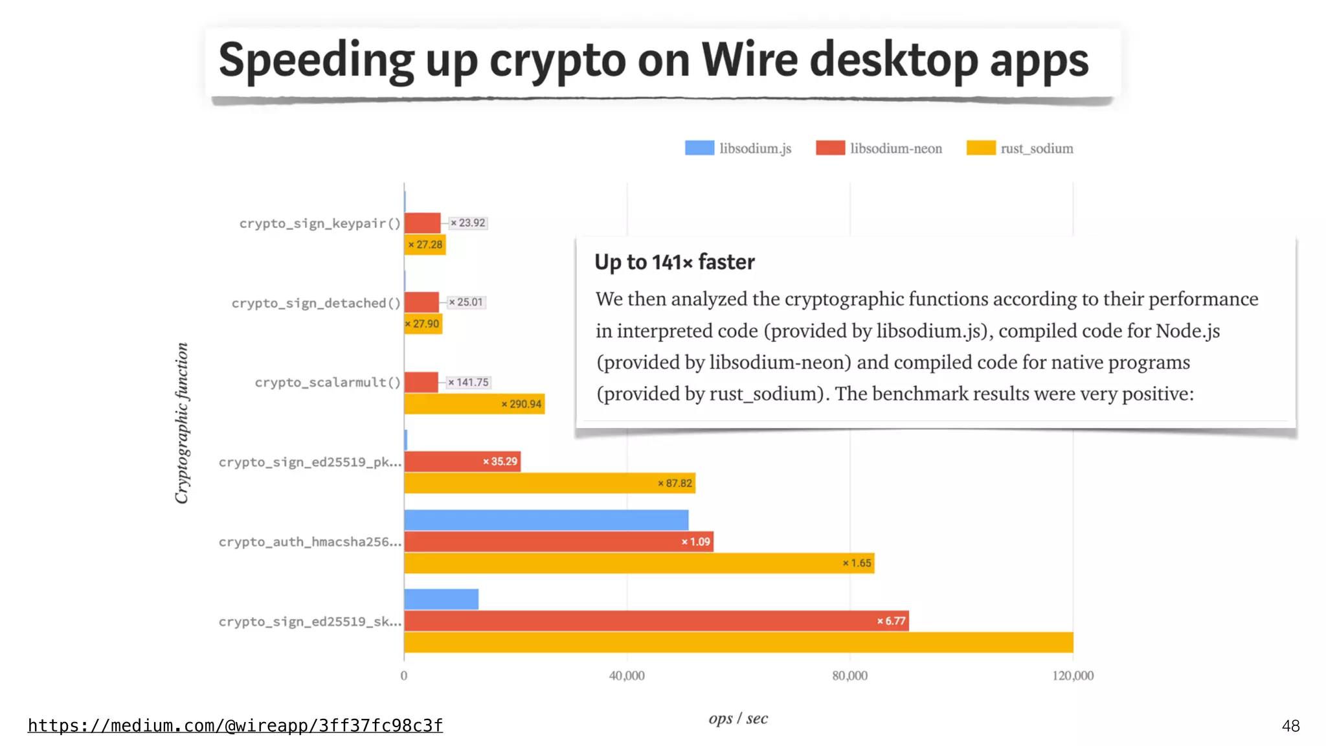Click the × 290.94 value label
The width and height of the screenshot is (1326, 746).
coord(521,404)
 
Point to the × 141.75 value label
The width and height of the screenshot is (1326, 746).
coord(469,383)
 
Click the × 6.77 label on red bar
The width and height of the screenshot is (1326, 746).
coord(892,621)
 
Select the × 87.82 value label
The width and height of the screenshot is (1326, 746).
coord(675,483)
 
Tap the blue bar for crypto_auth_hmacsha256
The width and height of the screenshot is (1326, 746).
coord(546,520)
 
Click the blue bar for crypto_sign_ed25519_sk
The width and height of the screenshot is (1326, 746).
coord(441,599)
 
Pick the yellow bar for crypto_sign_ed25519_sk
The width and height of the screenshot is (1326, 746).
coord(738,642)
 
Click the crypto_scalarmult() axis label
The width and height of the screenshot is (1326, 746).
coord(328,383)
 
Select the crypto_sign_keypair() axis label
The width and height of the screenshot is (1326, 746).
coord(320,223)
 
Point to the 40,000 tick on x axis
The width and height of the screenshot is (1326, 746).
coord(627,675)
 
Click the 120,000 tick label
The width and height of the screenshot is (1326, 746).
coord(1073,675)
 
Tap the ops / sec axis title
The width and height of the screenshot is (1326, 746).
coord(738,718)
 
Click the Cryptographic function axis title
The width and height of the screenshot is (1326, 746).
coord(182,423)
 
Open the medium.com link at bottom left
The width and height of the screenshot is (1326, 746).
coord(235,725)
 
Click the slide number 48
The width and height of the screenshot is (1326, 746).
coord(1290,726)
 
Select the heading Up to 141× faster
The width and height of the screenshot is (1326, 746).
coord(675,262)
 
